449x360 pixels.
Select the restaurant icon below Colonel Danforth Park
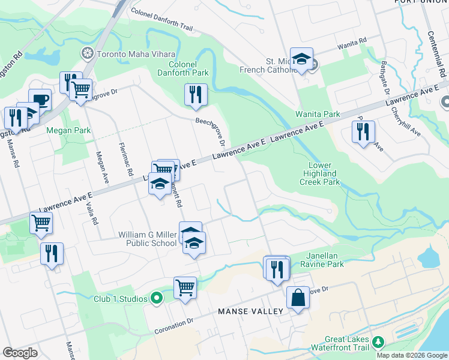point(196,95)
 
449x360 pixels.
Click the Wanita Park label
point(317,114)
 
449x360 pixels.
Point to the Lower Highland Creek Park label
point(324,173)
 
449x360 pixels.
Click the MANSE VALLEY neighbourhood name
point(250,311)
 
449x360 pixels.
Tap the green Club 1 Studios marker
point(157,298)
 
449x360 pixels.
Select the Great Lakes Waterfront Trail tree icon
point(378,342)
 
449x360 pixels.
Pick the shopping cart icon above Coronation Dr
point(185,287)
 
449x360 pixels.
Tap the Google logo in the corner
point(20,353)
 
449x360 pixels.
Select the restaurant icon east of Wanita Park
point(363,132)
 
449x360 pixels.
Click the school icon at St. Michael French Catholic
point(302,59)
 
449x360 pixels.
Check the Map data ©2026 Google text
point(412,355)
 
